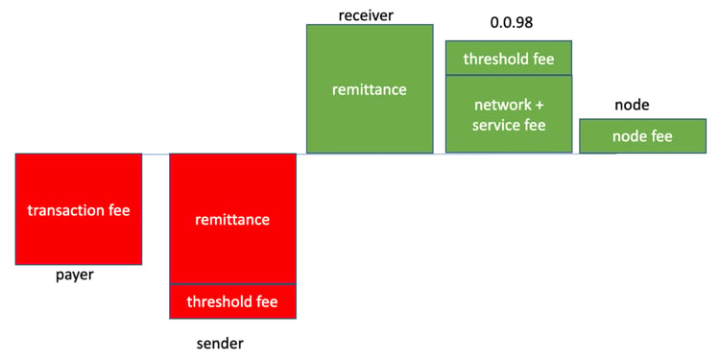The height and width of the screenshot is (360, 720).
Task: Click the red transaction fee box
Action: [79, 209]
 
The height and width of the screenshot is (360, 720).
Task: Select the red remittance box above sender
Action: [233, 219]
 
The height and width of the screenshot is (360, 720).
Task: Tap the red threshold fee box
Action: [233, 301]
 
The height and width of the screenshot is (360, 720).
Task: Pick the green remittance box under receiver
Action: [370, 88]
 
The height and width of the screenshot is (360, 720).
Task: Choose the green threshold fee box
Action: [509, 58]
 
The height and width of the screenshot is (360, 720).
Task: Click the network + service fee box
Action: [509, 114]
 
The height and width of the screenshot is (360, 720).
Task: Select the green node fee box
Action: [643, 136]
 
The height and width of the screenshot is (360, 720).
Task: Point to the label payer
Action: [75, 276]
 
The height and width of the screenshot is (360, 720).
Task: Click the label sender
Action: [221, 343]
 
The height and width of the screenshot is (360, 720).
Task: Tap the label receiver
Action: [366, 15]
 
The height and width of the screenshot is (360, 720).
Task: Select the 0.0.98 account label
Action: [512, 23]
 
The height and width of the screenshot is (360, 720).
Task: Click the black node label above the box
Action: [632, 106]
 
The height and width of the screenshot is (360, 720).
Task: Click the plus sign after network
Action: [539, 106]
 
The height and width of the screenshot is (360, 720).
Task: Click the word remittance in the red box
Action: [233, 220]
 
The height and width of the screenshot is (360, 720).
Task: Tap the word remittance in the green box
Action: [370, 89]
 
